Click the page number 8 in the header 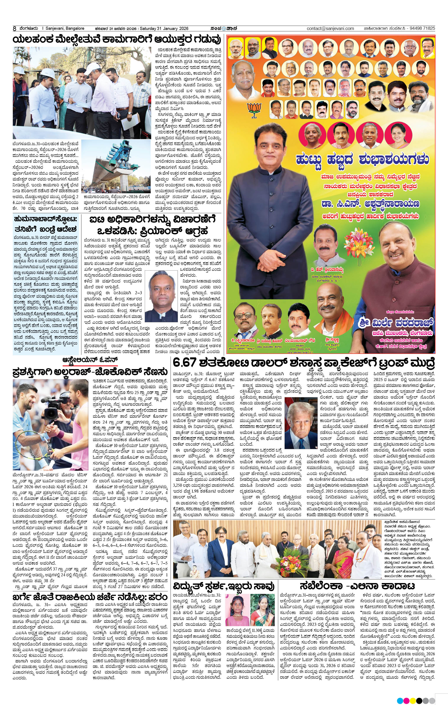(x=14, y=29)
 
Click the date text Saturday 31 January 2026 (x=164, y=29)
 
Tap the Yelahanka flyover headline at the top (x=117, y=40)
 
